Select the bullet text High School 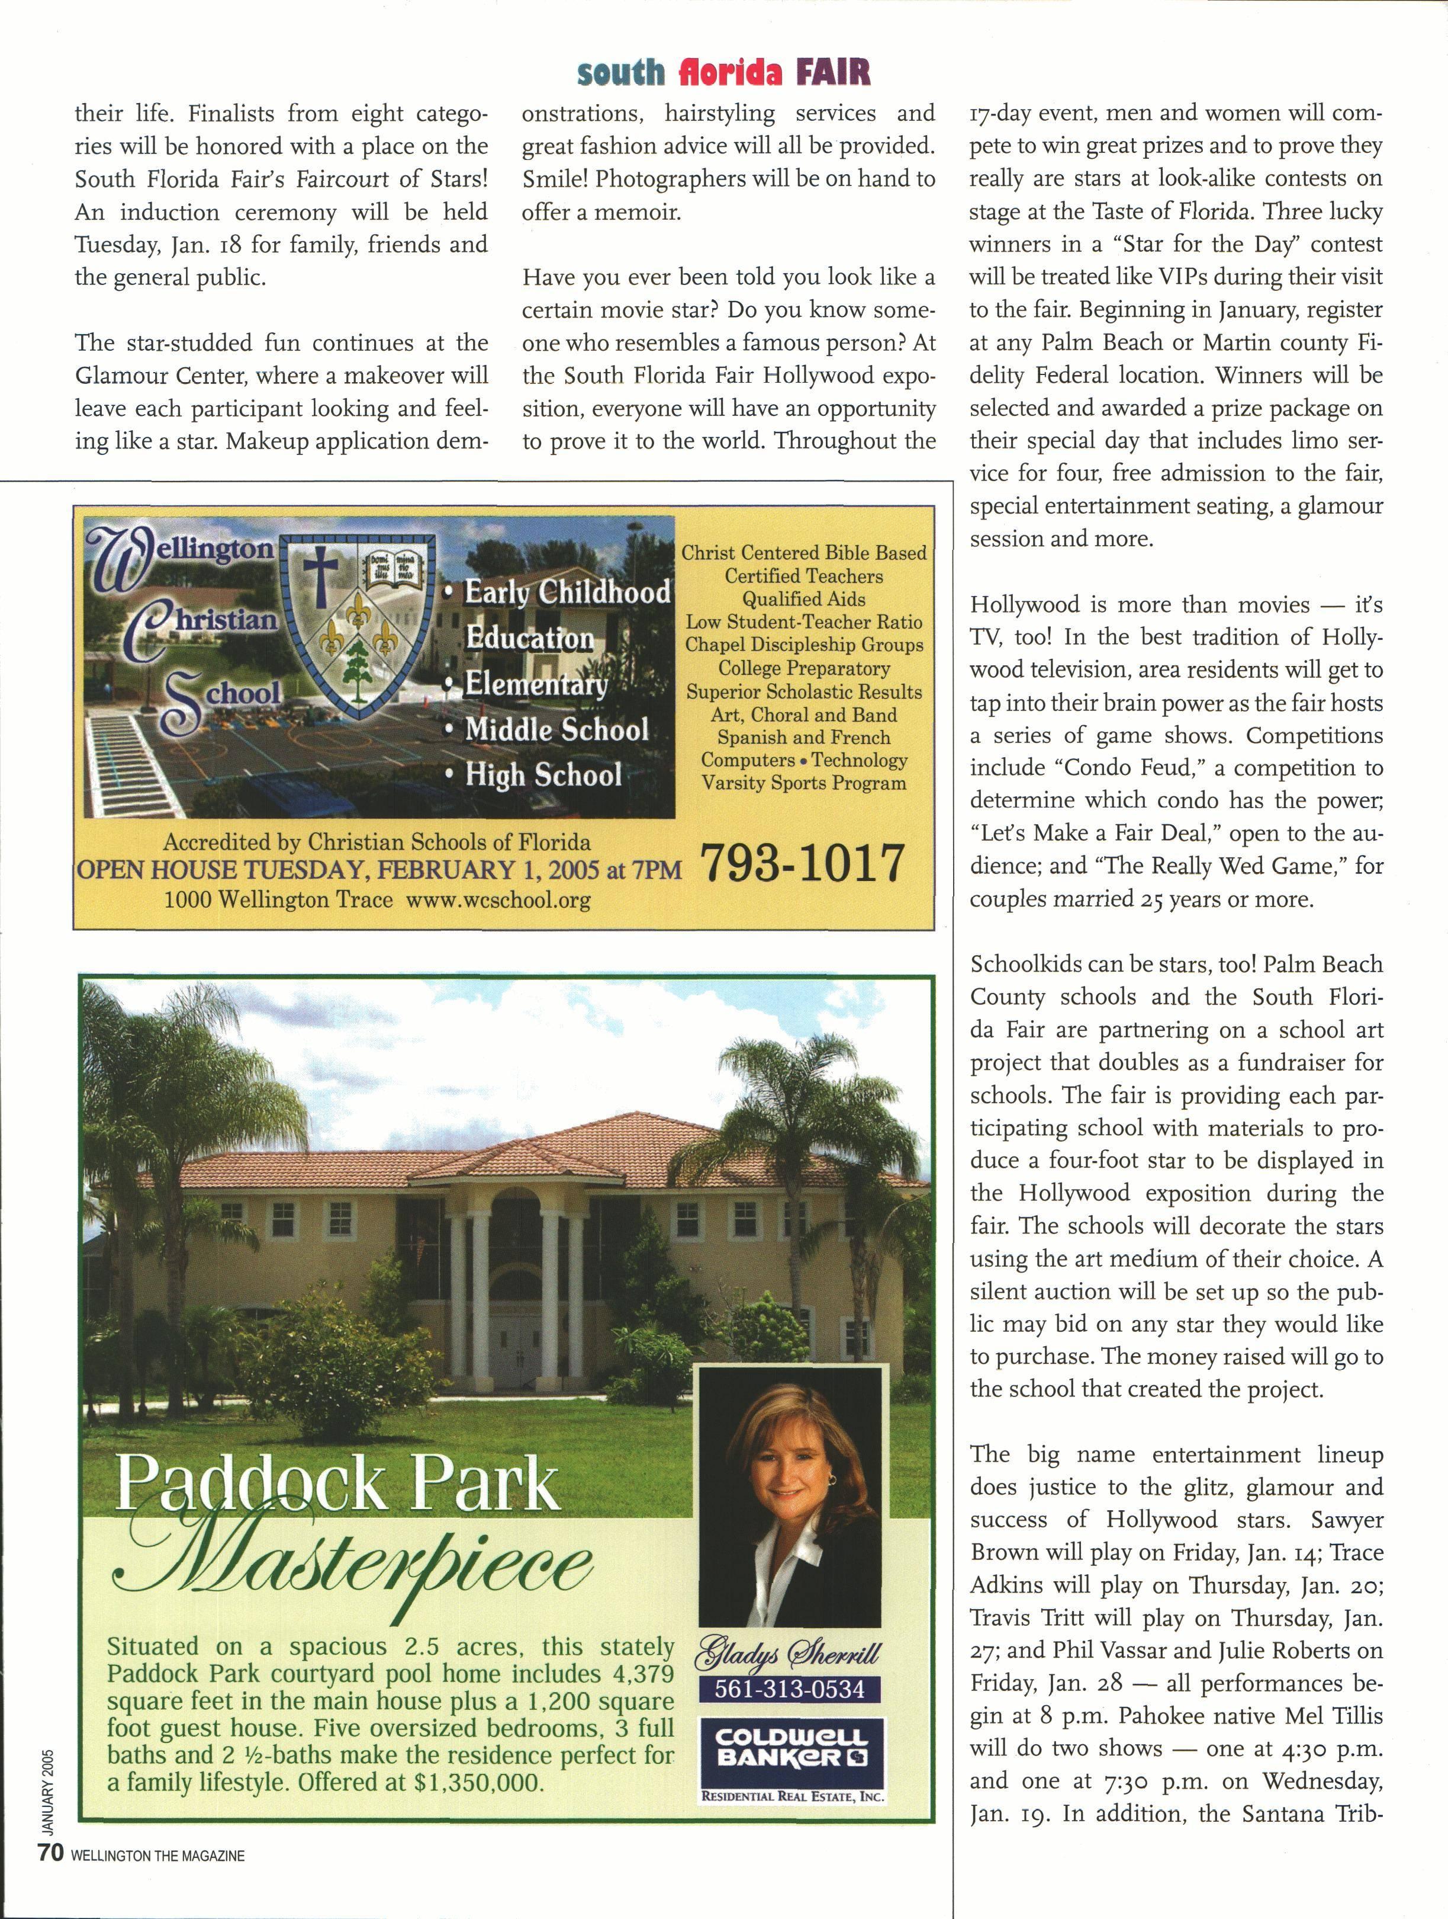tap(543, 775)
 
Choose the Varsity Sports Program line tap(804, 783)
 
